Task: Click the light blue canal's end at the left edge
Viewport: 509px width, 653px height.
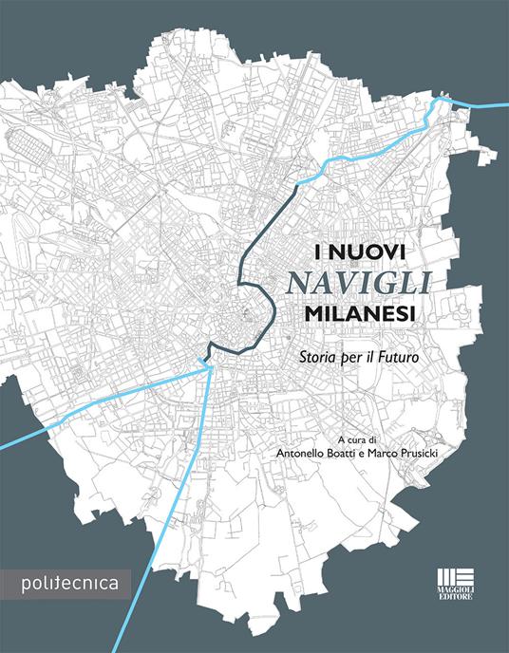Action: coord(3,443)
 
